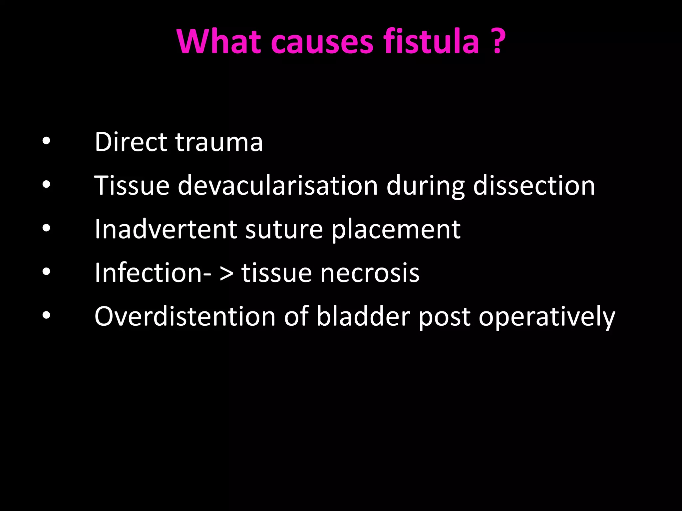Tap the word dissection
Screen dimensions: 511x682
(534, 185)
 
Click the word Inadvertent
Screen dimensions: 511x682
(166, 229)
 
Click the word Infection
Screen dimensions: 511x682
(148, 273)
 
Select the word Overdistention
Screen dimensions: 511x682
(185, 316)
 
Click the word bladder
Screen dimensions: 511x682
(363, 316)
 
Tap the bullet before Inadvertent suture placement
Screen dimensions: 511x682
(46, 228)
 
